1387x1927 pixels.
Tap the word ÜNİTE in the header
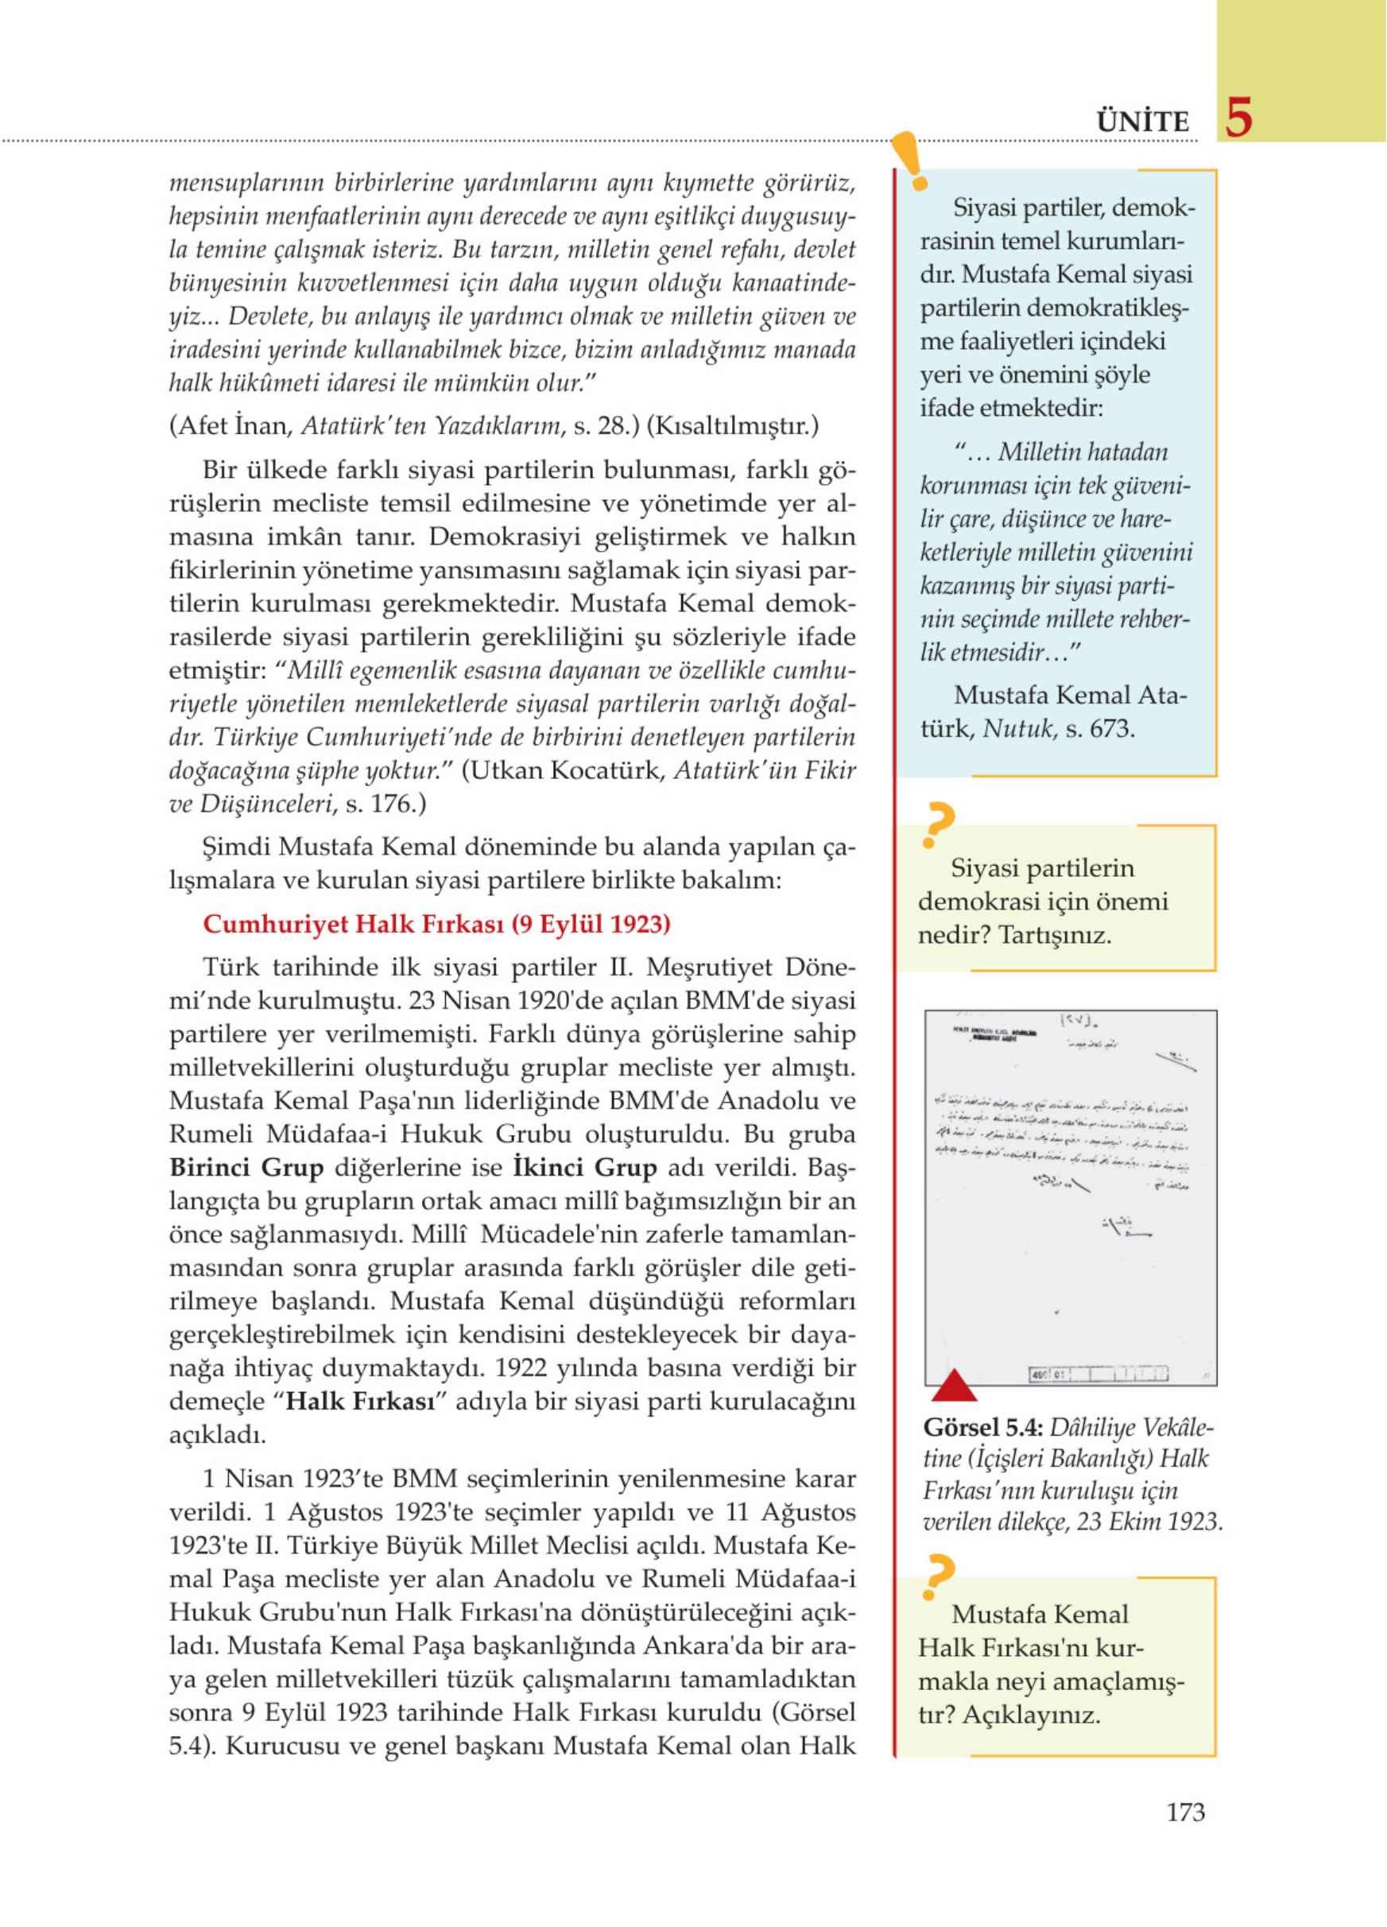click(x=1142, y=122)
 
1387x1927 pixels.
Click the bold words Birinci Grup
click(x=246, y=1168)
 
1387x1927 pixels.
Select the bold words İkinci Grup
click(x=585, y=1168)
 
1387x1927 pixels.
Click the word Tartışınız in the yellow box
click(x=1054, y=936)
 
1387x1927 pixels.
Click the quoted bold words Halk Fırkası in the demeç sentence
click(x=359, y=1401)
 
